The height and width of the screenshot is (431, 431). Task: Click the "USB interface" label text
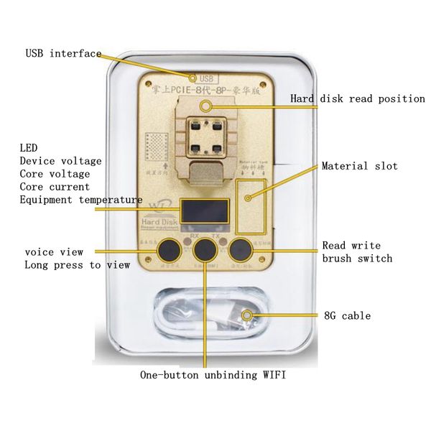[63, 53]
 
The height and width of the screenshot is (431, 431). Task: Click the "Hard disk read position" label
[357, 98]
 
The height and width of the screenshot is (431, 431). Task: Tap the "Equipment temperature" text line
[80, 200]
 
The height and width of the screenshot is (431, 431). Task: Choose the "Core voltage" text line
[55, 174]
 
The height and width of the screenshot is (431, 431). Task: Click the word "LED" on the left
[28, 148]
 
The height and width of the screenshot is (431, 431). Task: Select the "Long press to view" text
[77, 265]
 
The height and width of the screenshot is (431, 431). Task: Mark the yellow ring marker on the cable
[247, 315]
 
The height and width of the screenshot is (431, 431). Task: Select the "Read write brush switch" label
[357, 251]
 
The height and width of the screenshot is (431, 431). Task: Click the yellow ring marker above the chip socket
[206, 106]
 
